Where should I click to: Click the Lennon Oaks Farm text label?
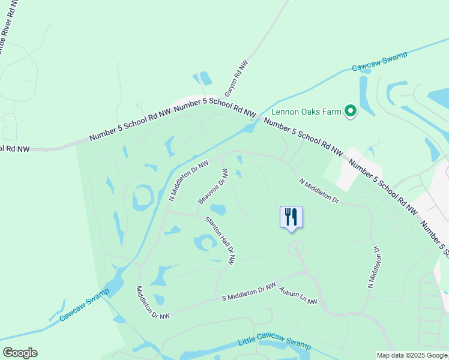(x=306, y=111)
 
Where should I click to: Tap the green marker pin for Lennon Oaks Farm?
(x=350, y=111)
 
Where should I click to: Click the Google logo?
(x=20, y=353)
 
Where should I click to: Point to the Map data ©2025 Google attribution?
(x=412, y=355)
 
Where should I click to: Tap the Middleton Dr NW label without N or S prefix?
(x=152, y=301)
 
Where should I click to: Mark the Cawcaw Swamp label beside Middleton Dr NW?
(x=84, y=305)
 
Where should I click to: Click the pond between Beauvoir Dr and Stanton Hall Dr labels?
(x=218, y=209)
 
